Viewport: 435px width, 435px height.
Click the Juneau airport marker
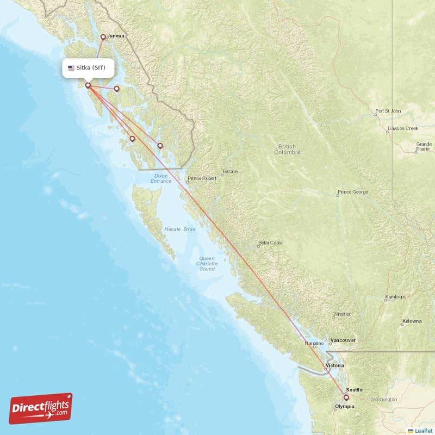pyautogui.click(x=103, y=38)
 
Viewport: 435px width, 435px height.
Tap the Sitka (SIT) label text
pyautogui.click(x=95, y=68)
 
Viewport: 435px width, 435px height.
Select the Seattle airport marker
pyautogui.click(x=346, y=397)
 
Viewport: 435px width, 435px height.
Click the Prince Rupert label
pyautogui.click(x=202, y=178)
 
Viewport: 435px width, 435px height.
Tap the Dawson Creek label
pyautogui.click(x=402, y=129)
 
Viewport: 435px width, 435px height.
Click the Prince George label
pyautogui.click(x=352, y=192)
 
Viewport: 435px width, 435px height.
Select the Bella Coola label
pyautogui.click(x=270, y=243)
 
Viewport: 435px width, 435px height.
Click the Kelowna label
pyautogui.click(x=412, y=321)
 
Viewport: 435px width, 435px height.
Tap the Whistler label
pyautogui.click(x=342, y=314)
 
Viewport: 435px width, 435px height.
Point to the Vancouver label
pyautogui.click(x=343, y=340)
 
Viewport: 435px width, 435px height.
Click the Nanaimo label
pyautogui.click(x=314, y=344)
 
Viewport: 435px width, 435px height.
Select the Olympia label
pyautogui.click(x=345, y=406)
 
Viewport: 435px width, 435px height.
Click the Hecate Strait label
pyautogui.click(x=180, y=230)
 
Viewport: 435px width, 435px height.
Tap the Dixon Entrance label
pyautogui.click(x=161, y=178)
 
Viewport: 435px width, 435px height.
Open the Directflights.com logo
pyautogui.click(x=41, y=408)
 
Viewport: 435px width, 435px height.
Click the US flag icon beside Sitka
pyautogui.click(x=71, y=68)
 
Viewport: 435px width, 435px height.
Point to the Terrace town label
pyautogui.click(x=229, y=172)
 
